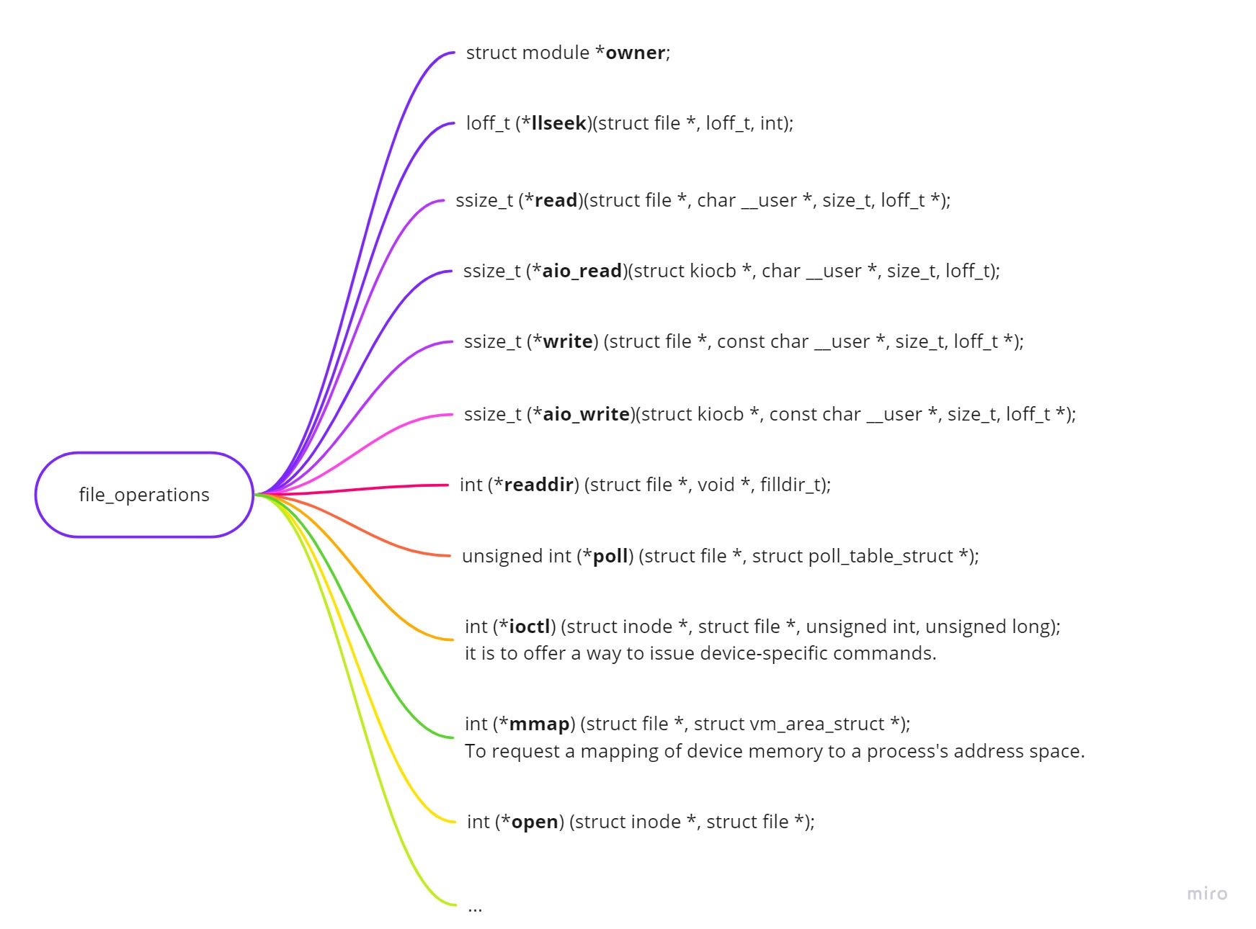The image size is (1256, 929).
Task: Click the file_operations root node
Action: (x=144, y=495)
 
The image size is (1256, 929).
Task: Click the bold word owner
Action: (x=635, y=53)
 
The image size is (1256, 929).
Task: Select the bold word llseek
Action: (x=558, y=124)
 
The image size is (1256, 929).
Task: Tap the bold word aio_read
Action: (x=582, y=271)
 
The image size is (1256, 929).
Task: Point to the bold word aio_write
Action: (x=586, y=415)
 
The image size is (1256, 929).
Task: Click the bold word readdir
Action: (x=538, y=485)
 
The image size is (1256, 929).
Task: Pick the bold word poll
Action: (x=610, y=557)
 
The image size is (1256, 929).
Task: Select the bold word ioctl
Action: (x=530, y=627)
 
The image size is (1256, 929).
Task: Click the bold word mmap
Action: (x=539, y=724)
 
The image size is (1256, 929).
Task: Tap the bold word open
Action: (x=535, y=822)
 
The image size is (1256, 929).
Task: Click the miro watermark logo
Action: (x=1207, y=894)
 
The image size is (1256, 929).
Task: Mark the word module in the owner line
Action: (x=556, y=53)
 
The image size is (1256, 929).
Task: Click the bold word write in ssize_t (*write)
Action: (x=567, y=342)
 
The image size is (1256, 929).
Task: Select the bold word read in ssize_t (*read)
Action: (x=556, y=201)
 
